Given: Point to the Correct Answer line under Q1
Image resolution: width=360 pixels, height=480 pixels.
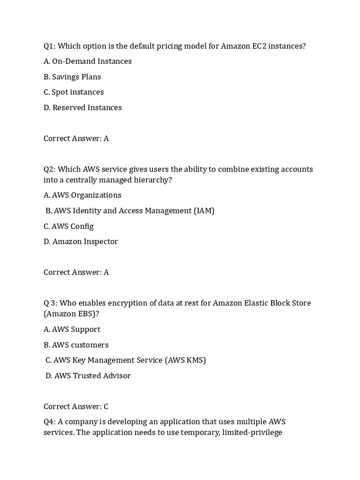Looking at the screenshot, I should pos(76,139).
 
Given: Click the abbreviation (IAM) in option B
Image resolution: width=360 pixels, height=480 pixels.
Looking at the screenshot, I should pos(204,211).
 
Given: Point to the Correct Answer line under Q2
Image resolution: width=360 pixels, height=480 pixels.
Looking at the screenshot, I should pos(76,272).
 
